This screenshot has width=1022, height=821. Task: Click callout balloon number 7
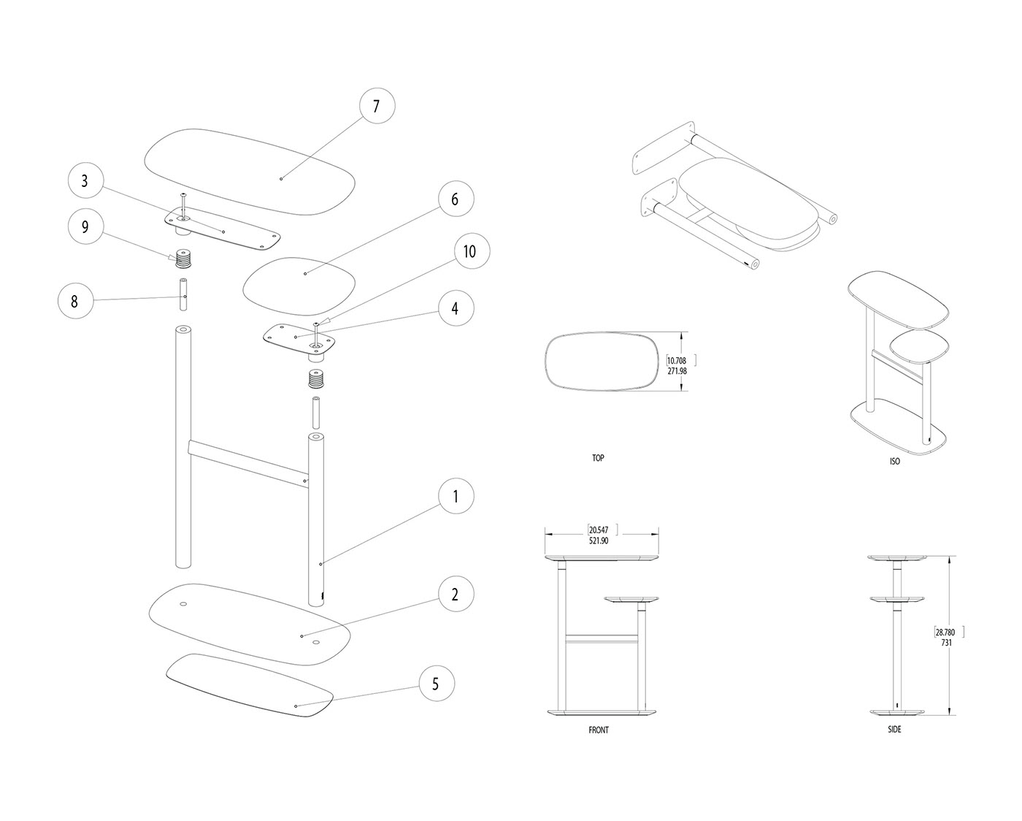[x=377, y=107]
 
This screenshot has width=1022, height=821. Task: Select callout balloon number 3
[x=85, y=181]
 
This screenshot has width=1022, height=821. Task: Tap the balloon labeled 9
[x=85, y=227]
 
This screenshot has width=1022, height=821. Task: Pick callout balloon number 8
[x=75, y=300]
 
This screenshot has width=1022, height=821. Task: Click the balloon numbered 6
[x=455, y=199]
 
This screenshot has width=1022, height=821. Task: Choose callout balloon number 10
[x=470, y=251]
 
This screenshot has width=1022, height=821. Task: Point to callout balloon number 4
[x=455, y=308]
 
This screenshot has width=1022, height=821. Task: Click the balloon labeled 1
[x=456, y=497]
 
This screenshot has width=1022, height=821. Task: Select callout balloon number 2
[x=455, y=595]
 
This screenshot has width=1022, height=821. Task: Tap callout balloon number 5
[x=436, y=684]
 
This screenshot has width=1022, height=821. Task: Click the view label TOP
[x=598, y=458]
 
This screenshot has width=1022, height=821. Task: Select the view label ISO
[x=895, y=462]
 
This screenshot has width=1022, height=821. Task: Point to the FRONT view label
[x=599, y=730]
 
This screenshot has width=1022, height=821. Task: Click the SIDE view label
[x=894, y=730]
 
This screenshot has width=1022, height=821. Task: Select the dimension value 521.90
[x=604, y=541]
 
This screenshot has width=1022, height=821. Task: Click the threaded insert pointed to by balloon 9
[x=182, y=258]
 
